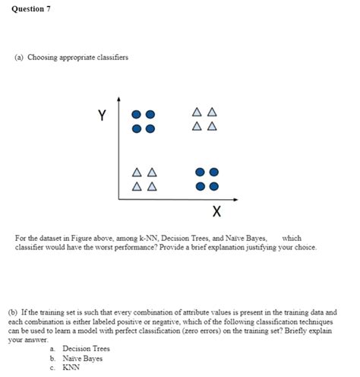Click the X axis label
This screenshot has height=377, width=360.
point(216,210)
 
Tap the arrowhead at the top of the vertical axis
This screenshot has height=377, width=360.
point(118,100)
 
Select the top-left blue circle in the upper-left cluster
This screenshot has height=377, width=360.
point(137,114)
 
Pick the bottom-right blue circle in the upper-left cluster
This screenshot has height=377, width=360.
point(150,127)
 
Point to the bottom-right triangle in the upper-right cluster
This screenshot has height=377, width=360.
point(213,125)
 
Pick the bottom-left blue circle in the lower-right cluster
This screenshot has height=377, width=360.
point(201,185)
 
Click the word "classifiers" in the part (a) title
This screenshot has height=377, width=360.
point(110,59)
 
